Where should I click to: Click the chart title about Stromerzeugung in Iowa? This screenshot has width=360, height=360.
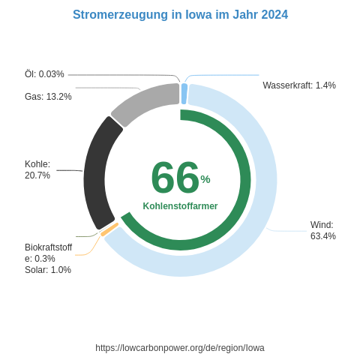180,15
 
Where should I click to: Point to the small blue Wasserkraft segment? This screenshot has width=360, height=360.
184,94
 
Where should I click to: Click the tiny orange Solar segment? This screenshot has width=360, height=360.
109,229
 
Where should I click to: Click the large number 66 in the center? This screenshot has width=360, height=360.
175,178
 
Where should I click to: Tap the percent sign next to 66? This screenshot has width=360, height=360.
205,178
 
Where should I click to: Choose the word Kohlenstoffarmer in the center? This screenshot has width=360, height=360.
180,206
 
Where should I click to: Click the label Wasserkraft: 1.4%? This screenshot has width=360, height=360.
299,85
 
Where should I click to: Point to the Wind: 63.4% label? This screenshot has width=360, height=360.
323,230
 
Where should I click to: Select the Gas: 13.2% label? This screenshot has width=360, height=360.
48,97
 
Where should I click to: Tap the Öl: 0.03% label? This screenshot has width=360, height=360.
44,74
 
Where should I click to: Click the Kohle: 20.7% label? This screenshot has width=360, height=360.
37,169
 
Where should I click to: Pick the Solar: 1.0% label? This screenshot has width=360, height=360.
48,270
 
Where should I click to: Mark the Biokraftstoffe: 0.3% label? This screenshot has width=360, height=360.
48,253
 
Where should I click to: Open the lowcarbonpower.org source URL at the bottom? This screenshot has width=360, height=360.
180,348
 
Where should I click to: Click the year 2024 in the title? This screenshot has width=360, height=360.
274,15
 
